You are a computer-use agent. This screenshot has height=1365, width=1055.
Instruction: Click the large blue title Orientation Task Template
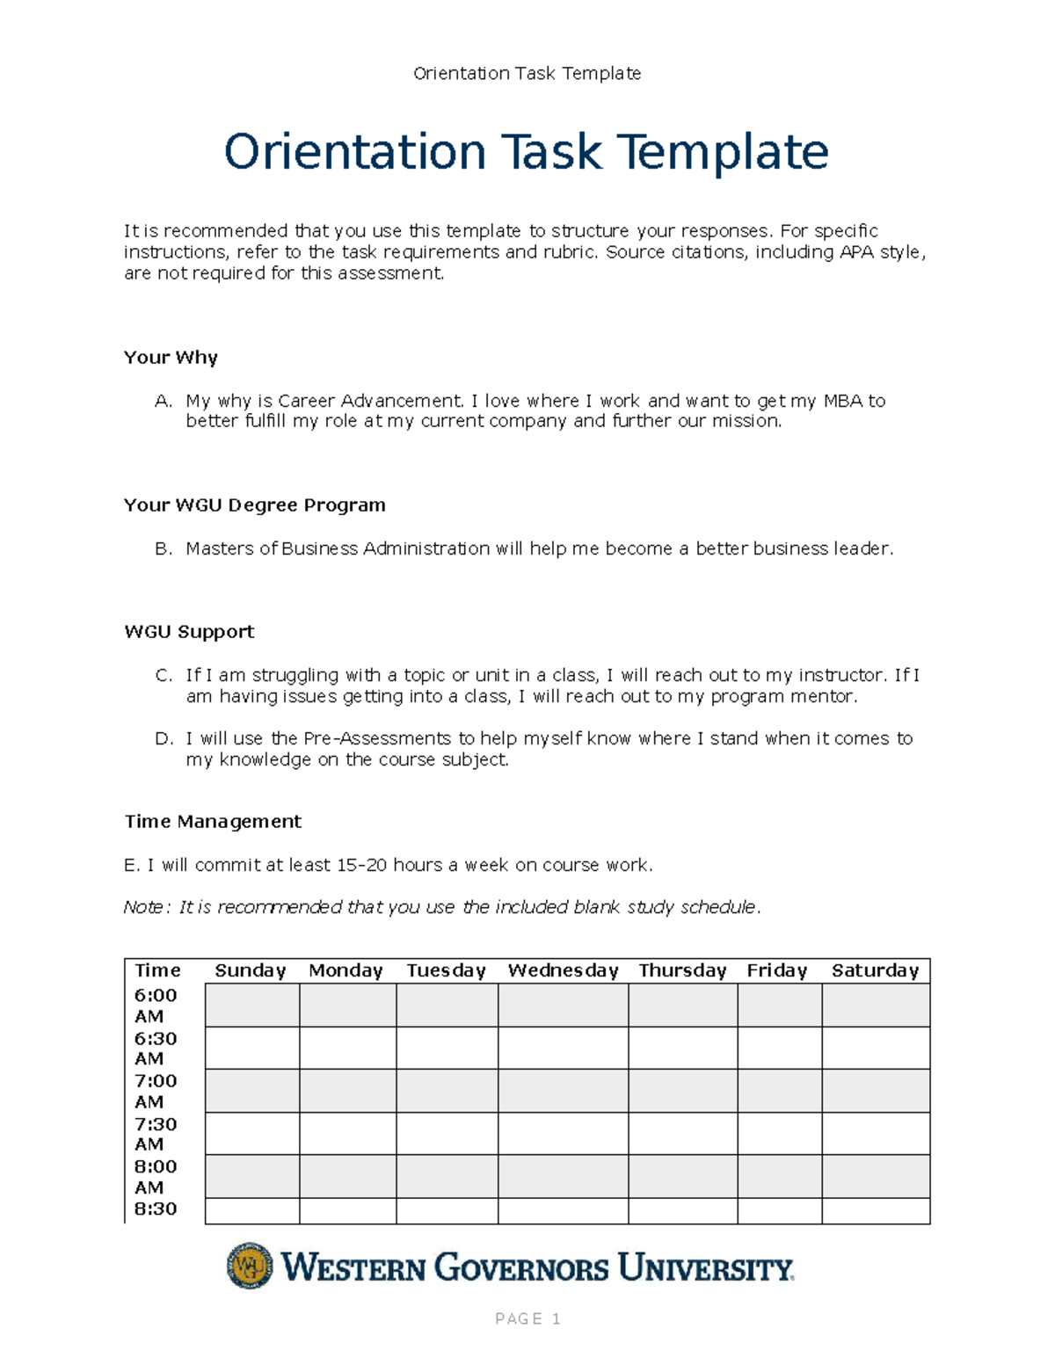(526, 152)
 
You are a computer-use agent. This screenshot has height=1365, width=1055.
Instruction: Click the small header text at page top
(527, 74)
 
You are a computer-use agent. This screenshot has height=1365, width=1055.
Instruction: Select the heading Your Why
(171, 358)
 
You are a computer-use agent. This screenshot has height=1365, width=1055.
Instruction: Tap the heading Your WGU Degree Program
(254, 505)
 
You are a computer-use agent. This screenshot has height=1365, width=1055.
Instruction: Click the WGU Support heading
(189, 632)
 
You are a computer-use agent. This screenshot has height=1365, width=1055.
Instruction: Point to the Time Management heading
(213, 822)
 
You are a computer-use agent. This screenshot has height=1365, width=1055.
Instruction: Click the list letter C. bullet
(163, 676)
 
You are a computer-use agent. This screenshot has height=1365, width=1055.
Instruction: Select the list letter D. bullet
(164, 739)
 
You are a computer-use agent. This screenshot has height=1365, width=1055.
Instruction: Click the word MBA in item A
(842, 402)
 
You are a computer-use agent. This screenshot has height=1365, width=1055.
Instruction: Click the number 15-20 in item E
(361, 866)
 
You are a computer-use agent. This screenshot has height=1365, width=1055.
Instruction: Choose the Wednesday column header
(563, 971)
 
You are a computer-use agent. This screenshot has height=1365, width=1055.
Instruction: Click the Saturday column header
(875, 971)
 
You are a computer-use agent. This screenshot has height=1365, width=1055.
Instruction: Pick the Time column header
(157, 971)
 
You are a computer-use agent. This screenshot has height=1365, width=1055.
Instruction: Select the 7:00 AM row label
(156, 1091)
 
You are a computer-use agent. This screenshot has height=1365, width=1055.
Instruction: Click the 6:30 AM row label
(156, 1049)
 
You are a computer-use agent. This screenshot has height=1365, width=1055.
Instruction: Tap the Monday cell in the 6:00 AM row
(347, 1005)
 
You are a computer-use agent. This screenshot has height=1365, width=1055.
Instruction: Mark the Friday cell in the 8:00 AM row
(779, 1176)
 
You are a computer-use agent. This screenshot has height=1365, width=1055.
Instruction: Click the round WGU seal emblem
(250, 1267)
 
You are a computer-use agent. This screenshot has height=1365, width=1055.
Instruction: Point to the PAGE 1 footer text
(527, 1319)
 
